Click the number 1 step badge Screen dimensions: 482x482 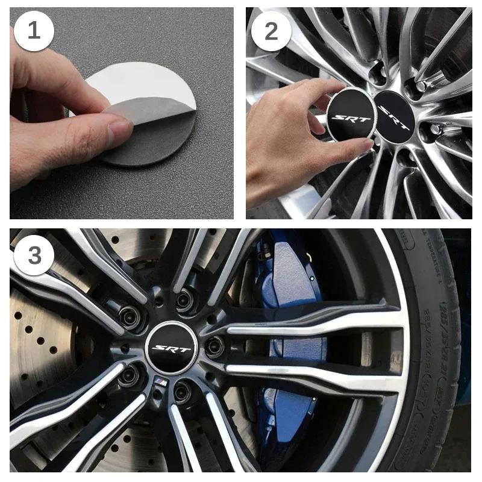pos(34,30)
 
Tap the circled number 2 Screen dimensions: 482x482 pos(271,30)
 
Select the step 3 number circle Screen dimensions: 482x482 pos(34,255)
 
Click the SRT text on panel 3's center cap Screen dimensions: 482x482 pos(171,349)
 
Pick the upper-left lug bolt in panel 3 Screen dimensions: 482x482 pos(131,314)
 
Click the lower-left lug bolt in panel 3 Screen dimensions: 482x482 pos(130,376)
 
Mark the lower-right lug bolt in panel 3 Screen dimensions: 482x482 pos(184,390)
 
